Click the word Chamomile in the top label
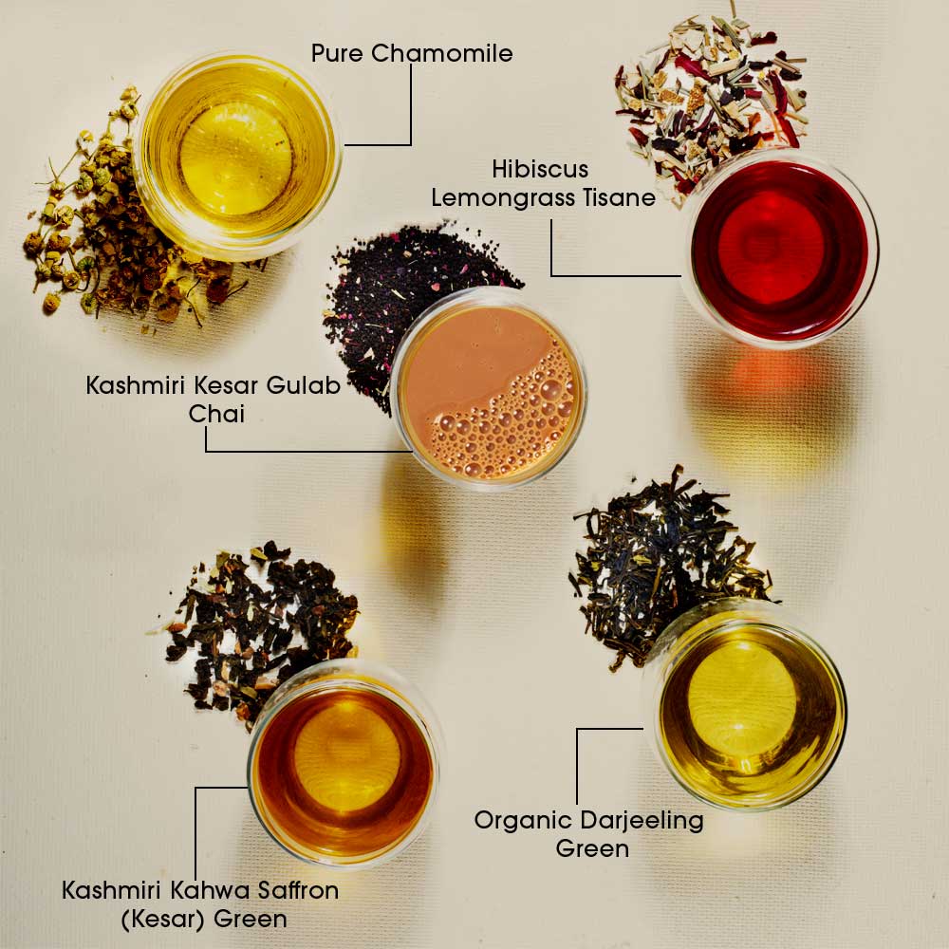click(x=442, y=53)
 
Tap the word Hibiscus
click(x=540, y=169)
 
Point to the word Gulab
click(x=304, y=385)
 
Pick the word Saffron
click(x=298, y=890)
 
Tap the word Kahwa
click(x=210, y=890)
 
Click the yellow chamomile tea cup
click(x=236, y=158)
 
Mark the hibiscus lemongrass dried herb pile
click(x=711, y=97)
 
